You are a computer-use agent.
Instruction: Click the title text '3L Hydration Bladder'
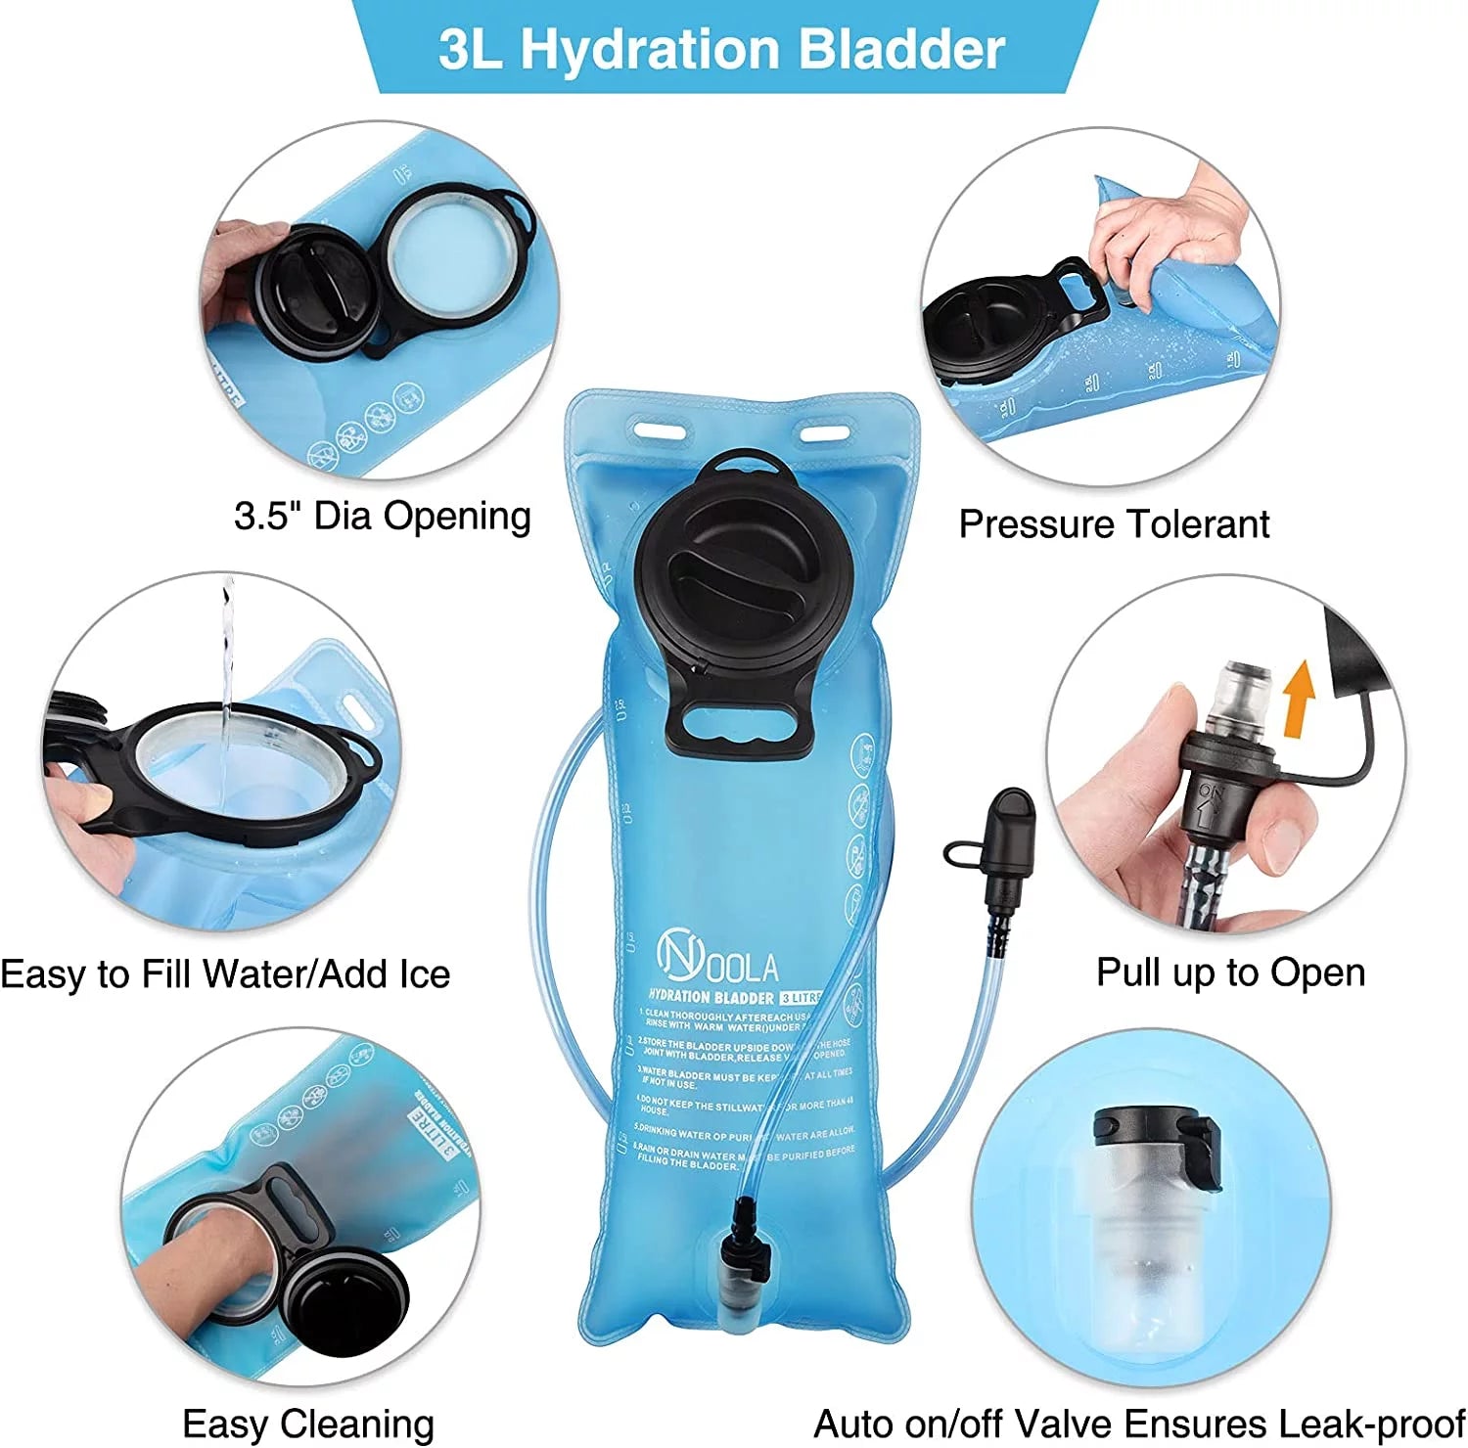721,49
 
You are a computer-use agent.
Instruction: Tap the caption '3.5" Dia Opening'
383,516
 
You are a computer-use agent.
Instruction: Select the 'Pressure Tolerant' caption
1114,524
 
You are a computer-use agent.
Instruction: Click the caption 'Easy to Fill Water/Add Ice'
225,974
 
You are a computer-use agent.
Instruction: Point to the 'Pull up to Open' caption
1230,973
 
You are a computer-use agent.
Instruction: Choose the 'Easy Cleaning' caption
308,1424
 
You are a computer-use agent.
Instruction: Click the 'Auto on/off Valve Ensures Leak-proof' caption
1139,1424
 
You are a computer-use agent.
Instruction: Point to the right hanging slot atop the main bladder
824,430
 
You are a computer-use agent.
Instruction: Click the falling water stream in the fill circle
227,665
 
